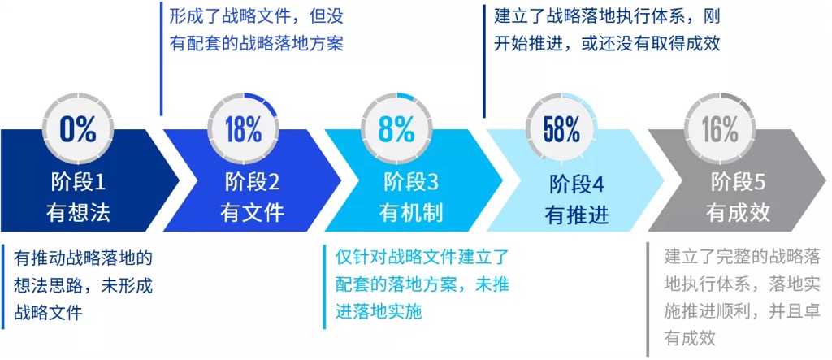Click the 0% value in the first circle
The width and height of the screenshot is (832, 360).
click(x=78, y=128)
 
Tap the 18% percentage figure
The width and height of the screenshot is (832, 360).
click(x=244, y=128)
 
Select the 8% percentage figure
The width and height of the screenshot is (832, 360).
click(x=396, y=128)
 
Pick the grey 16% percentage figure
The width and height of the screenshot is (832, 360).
click(x=721, y=128)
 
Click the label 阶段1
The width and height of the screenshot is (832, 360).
click(x=79, y=183)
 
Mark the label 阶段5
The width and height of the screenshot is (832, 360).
click(x=738, y=183)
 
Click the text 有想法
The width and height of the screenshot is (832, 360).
click(x=79, y=213)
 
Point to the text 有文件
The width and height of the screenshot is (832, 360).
click(x=252, y=213)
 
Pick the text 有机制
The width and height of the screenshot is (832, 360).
click(x=411, y=213)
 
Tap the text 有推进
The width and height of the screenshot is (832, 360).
click(x=577, y=215)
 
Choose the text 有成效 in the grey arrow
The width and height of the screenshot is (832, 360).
click(x=738, y=213)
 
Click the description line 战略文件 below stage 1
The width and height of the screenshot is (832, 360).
click(x=48, y=312)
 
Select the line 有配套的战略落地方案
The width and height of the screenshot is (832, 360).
click(x=256, y=43)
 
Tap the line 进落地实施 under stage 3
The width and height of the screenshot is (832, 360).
click(x=379, y=311)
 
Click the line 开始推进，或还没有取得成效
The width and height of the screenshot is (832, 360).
click(x=607, y=43)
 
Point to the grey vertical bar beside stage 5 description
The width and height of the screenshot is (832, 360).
click(x=648, y=300)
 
